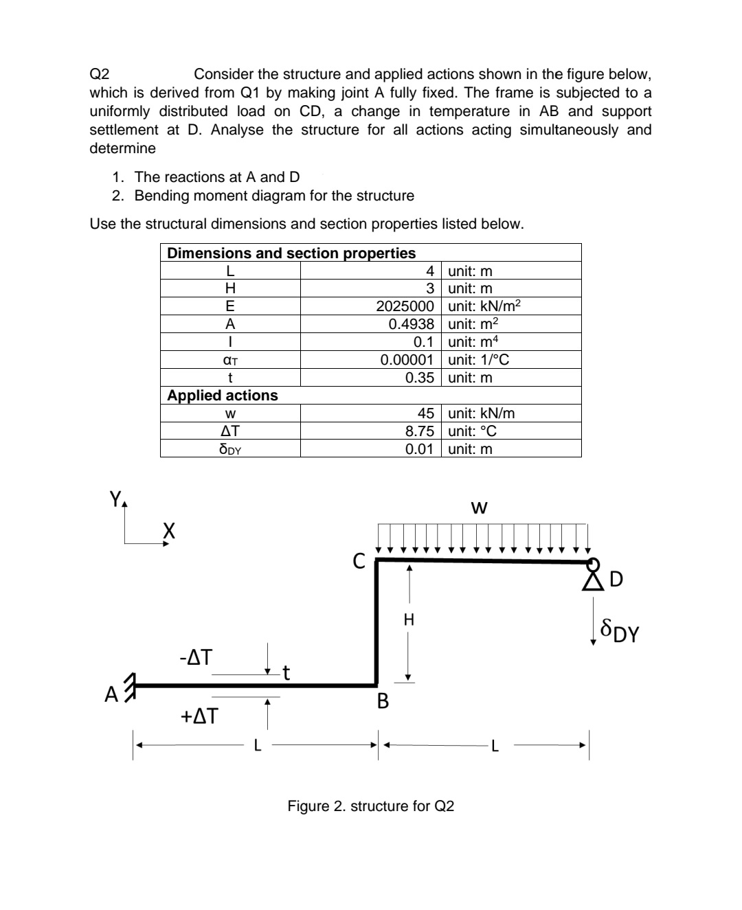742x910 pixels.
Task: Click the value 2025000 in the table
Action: pos(405,306)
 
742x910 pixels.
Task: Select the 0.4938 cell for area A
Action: pos(411,324)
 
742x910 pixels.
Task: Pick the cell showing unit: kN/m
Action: pos(481,413)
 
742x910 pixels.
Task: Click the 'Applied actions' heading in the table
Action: pos(223,396)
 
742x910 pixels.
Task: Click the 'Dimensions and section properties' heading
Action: pos(291,253)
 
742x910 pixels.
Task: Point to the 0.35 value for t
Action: pos(419,378)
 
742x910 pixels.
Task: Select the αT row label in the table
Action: pos(230,360)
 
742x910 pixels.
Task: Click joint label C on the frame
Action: pos(359,562)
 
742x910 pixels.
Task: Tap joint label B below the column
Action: pos(383,701)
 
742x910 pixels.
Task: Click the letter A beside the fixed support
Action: pos(111,695)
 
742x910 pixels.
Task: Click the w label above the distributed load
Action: pos(480,508)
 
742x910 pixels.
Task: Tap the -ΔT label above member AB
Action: pos(196,658)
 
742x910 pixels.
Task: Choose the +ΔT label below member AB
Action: pos(199,716)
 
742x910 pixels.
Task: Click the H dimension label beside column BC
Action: pos(409,619)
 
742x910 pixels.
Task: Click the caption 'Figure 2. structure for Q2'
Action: pos(370,806)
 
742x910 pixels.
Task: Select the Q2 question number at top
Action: pos(100,74)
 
